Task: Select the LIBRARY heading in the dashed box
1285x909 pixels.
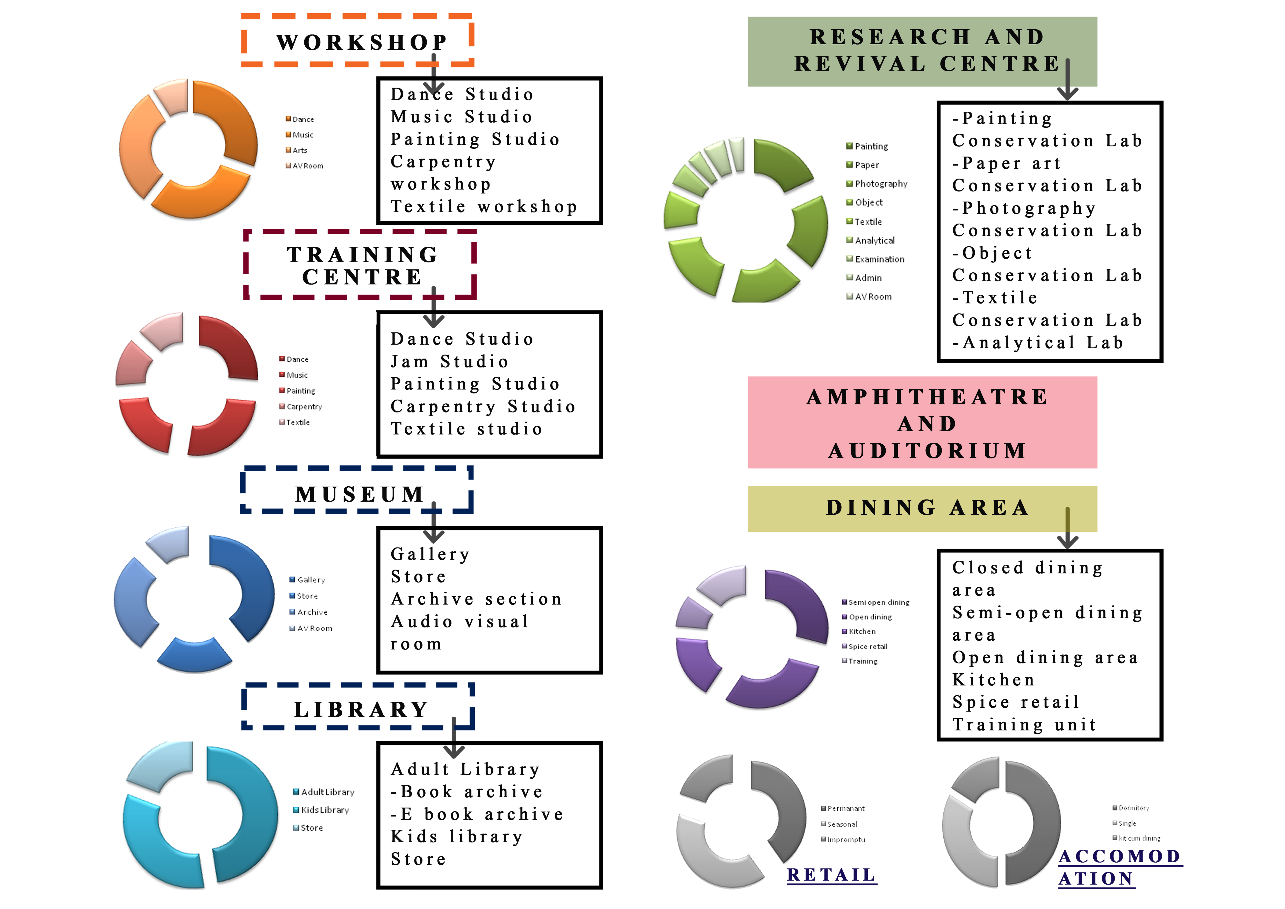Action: click(x=361, y=710)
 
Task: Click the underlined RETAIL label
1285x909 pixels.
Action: click(x=831, y=875)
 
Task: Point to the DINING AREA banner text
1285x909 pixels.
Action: click(x=927, y=508)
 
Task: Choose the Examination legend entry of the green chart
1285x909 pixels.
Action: click(x=879, y=259)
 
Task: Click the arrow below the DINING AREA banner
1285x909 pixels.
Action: click(x=1067, y=529)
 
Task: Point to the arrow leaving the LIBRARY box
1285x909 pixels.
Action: click(x=454, y=739)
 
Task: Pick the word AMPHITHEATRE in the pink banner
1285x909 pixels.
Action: click(x=927, y=397)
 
